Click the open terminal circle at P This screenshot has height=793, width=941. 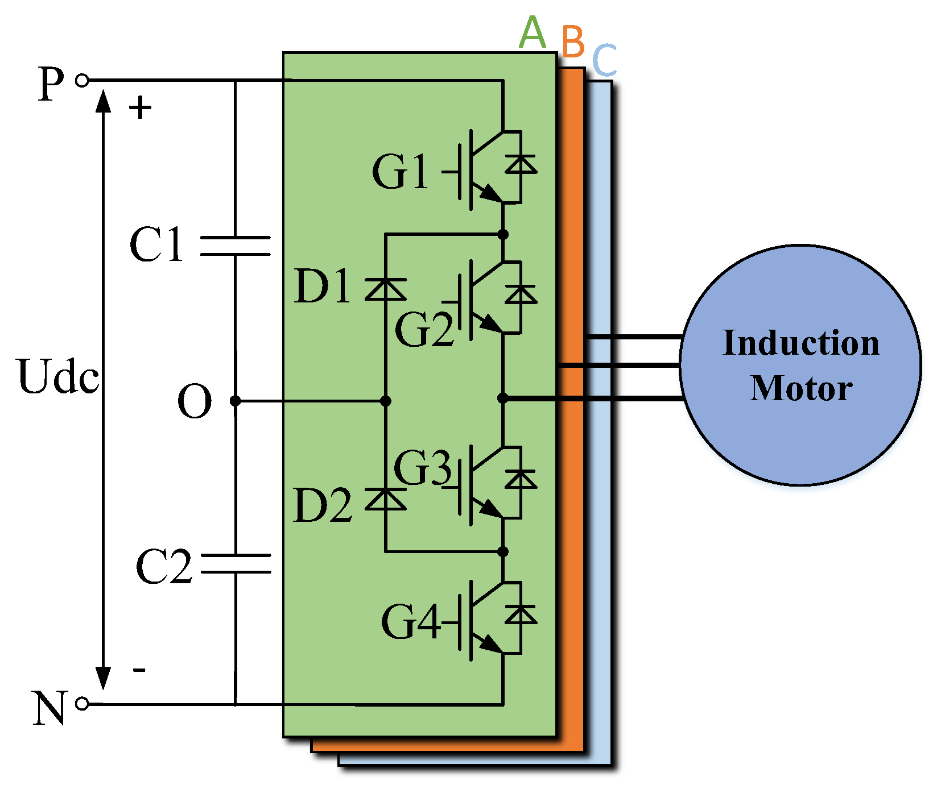click(82, 81)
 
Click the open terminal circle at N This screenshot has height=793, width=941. click(82, 704)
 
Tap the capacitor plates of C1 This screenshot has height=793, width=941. click(236, 246)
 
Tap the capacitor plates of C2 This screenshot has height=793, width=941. click(236, 563)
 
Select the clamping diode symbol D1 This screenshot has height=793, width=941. click(385, 289)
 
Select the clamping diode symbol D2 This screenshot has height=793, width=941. click(385, 499)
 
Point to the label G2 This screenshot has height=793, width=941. click(424, 330)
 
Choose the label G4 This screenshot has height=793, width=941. click(410, 621)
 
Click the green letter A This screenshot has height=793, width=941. click(533, 32)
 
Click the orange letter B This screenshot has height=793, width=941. click(573, 42)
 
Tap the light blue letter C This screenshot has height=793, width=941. click(604, 60)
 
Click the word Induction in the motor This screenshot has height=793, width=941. click(800, 343)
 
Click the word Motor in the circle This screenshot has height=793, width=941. click(800, 388)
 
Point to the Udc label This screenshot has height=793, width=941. click(58, 376)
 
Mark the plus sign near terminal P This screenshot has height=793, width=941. click(140, 107)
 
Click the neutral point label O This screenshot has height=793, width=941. click(195, 401)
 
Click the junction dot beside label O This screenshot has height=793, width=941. click(235, 401)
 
